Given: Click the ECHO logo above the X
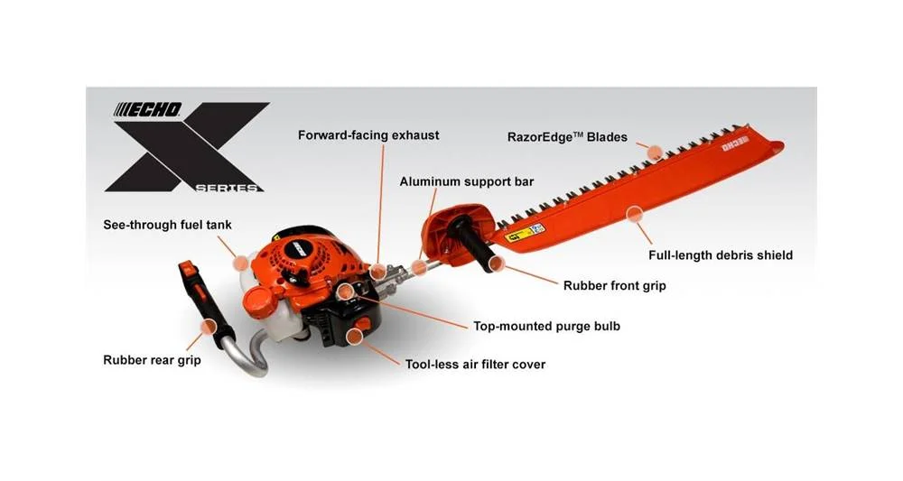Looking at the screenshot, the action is [147, 109].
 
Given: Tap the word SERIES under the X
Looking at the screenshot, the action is [227, 188].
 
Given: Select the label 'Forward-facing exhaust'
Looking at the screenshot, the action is [368, 135].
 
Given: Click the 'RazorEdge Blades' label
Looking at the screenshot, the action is [567, 137].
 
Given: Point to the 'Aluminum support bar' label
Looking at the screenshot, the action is [467, 181].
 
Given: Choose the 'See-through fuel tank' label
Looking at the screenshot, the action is [167, 225].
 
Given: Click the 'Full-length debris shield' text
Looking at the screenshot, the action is [721, 255].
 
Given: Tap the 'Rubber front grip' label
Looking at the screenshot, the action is [614, 286].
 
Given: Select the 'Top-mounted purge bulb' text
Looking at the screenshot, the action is [546, 326].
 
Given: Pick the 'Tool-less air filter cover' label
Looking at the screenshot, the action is [475, 365].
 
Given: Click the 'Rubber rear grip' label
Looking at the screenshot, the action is [152, 360].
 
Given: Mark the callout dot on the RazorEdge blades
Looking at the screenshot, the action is [655, 153].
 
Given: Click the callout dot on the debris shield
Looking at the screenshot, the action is [634, 215].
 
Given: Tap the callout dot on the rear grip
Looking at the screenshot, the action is [209, 327].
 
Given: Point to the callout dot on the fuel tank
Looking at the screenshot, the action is [241, 264].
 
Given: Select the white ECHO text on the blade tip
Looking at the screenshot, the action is [735, 143].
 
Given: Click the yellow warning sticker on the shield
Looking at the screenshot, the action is [525, 233].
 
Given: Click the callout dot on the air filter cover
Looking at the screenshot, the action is [355, 335].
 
